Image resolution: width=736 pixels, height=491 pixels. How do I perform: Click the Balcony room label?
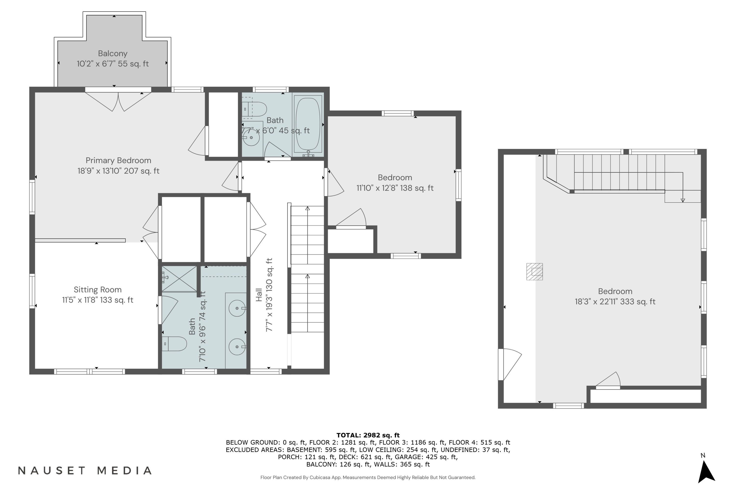coord(113,54)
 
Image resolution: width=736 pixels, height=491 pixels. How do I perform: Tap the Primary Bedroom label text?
coord(118,160)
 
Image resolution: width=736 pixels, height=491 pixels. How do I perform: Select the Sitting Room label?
coord(98,290)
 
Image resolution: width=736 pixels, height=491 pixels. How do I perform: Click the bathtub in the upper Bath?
coord(308,124)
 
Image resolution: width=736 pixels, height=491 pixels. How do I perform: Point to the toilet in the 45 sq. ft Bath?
coord(255,109)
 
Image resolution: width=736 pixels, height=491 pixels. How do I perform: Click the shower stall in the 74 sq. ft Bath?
coord(179,279)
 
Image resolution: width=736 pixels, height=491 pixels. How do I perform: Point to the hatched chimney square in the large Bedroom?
coord(535,272)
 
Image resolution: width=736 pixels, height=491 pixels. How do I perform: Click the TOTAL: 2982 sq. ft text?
coord(368,435)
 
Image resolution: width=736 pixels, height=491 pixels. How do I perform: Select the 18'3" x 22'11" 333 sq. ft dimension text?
coord(615,301)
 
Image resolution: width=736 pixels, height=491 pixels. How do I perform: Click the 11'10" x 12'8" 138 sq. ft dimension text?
coord(395,188)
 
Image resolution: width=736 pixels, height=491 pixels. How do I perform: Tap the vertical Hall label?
coord(259,295)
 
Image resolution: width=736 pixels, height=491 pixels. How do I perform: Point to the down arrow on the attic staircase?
coord(683,200)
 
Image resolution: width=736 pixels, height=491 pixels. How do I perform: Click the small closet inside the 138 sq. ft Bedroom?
coord(351,241)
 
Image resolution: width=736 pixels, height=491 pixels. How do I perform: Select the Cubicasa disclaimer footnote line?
coord(368,477)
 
